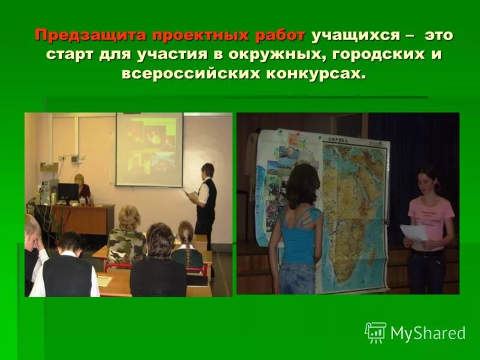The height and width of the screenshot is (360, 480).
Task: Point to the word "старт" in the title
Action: point(73,55)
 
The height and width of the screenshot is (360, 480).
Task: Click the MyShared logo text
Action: point(428,333)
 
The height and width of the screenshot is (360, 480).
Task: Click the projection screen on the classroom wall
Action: point(149,149)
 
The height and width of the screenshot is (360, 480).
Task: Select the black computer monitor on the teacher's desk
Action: point(68,193)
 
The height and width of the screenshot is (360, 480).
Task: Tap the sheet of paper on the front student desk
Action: point(105,280)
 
